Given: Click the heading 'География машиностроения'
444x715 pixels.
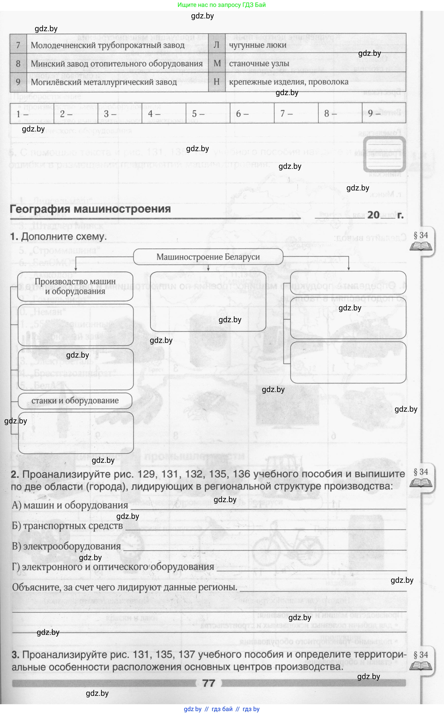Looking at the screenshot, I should (90, 209).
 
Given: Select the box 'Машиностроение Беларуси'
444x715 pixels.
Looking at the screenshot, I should (208, 257).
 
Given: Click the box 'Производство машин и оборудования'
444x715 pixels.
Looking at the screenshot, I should (75, 286).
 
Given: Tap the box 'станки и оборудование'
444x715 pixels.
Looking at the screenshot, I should (75, 401).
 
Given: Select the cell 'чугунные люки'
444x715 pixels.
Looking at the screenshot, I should (315, 45).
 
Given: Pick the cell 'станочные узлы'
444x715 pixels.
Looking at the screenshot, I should (315, 63).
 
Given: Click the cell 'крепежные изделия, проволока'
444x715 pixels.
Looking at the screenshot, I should (315, 82).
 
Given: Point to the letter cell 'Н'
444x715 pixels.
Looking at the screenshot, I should (217, 82).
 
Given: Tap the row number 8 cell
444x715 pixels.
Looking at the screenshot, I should (18, 63).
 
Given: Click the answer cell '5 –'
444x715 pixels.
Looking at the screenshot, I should (208, 113).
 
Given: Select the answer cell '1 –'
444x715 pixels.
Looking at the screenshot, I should (32, 113).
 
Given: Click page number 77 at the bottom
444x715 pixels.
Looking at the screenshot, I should (208, 683).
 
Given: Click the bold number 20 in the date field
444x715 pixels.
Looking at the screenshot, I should (373, 215).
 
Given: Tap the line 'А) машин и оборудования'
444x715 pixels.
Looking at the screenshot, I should (70, 505).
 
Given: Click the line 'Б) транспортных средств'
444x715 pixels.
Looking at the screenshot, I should (67, 526).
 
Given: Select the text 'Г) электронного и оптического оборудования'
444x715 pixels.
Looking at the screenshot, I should (113, 567).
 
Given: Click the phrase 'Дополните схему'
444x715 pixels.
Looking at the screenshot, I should (64, 237).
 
